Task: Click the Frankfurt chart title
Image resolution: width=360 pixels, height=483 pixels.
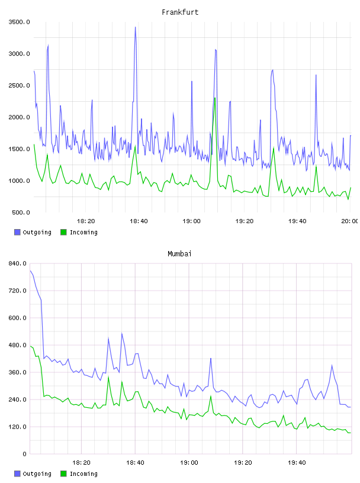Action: [x=180, y=12]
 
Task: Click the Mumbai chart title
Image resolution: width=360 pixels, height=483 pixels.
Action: [x=179, y=254]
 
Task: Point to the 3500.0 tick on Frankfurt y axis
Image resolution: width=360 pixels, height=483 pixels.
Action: [x=19, y=22]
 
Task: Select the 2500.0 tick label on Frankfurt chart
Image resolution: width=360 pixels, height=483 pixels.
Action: [x=19, y=85]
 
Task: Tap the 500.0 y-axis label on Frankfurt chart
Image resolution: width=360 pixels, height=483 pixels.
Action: [x=21, y=212]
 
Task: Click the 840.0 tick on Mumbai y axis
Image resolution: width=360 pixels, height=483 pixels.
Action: [x=17, y=263]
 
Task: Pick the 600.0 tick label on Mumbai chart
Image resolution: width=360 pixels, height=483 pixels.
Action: [x=17, y=318]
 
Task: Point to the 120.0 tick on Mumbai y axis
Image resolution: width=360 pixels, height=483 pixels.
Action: [x=17, y=427]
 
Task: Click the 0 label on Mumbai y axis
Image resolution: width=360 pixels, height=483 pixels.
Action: [x=24, y=454]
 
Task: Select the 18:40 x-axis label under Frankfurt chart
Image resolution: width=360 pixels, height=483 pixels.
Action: [x=139, y=221]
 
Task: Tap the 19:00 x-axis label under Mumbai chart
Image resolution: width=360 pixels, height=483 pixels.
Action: [x=189, y=463]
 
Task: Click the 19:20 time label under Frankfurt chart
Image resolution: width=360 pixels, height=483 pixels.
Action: [x=245, y=221]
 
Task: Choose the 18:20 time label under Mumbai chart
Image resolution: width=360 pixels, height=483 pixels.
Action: [x=81, y=463]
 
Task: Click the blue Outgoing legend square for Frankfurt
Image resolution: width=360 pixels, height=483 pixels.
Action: [x=17, y=232]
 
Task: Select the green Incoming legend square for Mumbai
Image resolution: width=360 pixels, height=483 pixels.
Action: [x=63, y=474]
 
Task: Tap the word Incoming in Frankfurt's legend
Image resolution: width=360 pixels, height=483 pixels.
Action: [x=83, y=233]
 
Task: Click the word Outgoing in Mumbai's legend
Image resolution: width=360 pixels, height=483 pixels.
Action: [x=37, y=474]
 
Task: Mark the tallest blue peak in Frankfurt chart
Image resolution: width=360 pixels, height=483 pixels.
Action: [x=135, y=27]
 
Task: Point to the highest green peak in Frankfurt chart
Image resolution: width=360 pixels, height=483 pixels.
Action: [x=215, y=98]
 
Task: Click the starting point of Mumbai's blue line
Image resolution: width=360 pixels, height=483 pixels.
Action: [x=30, y=271]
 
